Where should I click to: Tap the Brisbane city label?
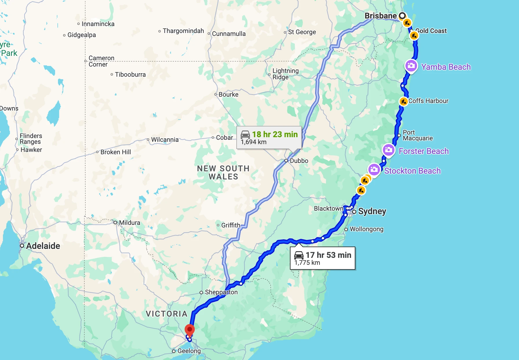[380, 16]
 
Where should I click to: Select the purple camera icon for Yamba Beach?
[411, 66]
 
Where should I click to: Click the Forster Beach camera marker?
[388, 150]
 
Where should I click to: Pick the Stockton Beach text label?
[412, 171]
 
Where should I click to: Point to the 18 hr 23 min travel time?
[275, 134]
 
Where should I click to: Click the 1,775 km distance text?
[307, 262]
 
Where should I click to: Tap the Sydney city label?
[372, 211]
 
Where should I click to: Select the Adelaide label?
[43, 246]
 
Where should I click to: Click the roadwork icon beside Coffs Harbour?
[403, 101]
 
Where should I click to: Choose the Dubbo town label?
[299, 161]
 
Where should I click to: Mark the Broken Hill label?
[116, 152]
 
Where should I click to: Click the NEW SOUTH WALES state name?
[223, 172]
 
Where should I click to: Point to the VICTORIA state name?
[167, 314]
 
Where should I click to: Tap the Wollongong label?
[366, 229]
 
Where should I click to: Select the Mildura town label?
[129, 223]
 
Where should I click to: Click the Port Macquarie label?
[417, 135]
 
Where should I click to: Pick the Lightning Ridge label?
[285, 74]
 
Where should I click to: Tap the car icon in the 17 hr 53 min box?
[299, 255]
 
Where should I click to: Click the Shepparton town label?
[221, 292]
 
